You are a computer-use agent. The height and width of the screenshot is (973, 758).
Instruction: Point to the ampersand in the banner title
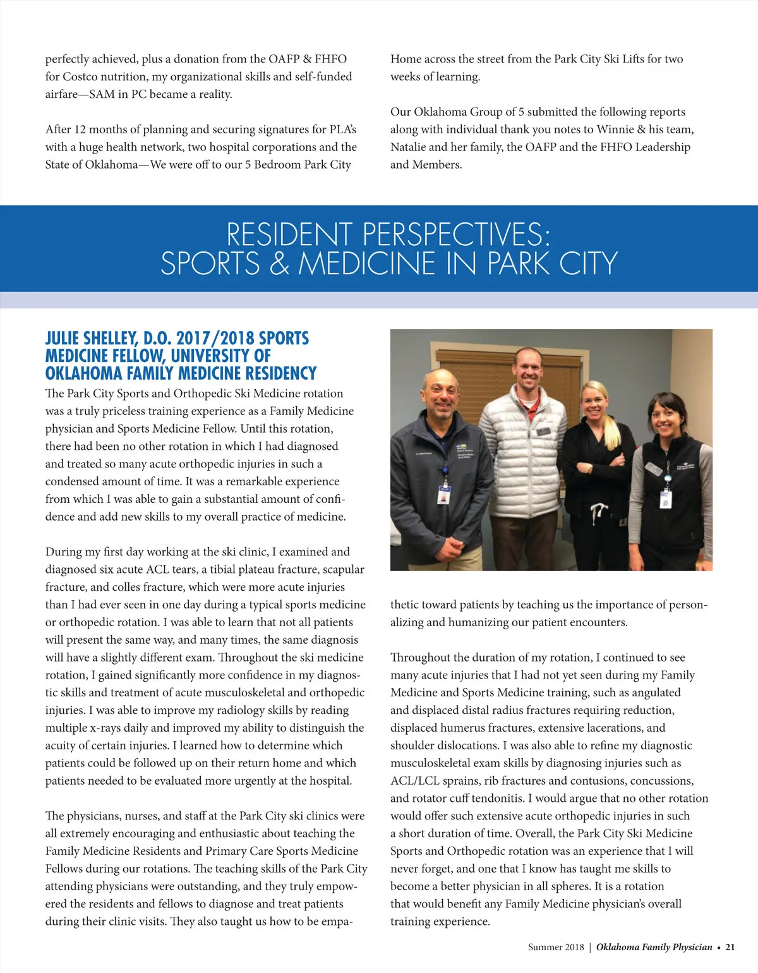click(x=279, y=263)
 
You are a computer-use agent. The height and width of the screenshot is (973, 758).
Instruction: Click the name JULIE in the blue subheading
click(x=63, y=339)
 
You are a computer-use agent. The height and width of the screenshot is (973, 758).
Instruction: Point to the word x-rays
click(x=112, y=728)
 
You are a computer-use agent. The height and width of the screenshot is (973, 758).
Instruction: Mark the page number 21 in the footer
click(x=730, y=947)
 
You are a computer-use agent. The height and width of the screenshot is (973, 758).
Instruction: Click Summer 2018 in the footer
click(x=556, y=947)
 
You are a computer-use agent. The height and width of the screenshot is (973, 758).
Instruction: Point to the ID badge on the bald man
click(x=444, y=493)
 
